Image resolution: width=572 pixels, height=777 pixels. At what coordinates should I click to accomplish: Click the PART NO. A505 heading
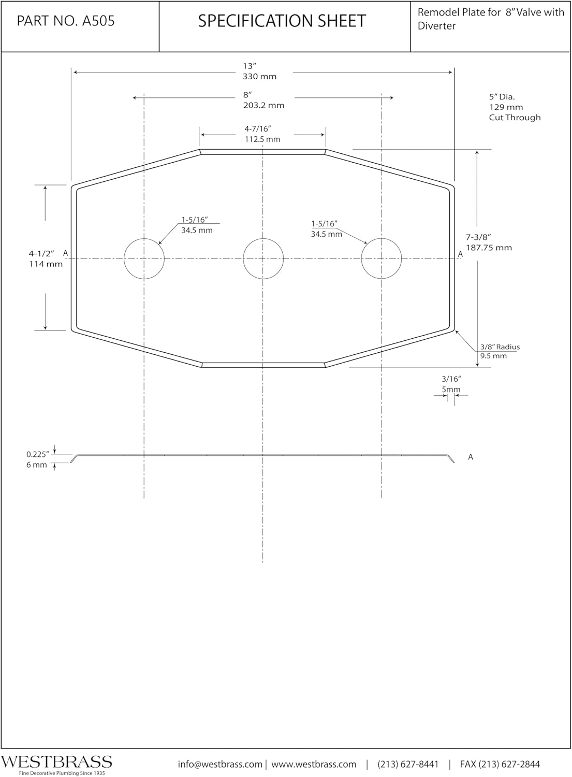pos(66,21)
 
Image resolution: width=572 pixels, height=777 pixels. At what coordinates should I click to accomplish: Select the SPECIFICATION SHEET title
pos(282,21)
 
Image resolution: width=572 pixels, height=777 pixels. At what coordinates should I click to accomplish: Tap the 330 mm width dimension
pos(260,77)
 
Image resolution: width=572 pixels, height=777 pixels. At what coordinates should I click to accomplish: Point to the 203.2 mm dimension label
pos(263,106)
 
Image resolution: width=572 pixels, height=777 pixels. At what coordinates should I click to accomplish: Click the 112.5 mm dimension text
pos(262,139)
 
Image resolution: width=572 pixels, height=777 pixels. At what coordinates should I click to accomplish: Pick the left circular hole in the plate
pos(144,258)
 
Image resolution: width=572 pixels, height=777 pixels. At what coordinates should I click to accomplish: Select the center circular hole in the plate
pos(263,258)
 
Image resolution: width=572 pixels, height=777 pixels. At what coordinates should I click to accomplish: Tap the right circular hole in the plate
pos(382,258)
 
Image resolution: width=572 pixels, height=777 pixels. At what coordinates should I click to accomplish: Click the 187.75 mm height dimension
pos(489,248)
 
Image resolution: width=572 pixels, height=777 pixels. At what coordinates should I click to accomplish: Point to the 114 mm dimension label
pos(46,264)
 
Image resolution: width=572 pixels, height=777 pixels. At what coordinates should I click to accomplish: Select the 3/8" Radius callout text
pos(500,347)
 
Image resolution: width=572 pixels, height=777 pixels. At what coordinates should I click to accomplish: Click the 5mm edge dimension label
pos(451,390)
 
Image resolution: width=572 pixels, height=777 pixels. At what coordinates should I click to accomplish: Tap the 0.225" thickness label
pos(37,454)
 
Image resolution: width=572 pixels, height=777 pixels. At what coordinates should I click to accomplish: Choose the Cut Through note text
pos(515,118)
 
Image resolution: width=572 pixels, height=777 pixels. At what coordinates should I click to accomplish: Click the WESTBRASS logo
pos(56,762)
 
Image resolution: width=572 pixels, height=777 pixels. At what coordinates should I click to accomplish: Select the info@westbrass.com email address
pos(220,764)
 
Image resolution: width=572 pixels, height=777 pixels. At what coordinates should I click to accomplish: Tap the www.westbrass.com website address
pos(314,764)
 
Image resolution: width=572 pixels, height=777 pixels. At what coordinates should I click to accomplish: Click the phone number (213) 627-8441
pos(408,764)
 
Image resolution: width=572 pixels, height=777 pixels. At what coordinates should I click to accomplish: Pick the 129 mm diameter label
pos(506,107)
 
